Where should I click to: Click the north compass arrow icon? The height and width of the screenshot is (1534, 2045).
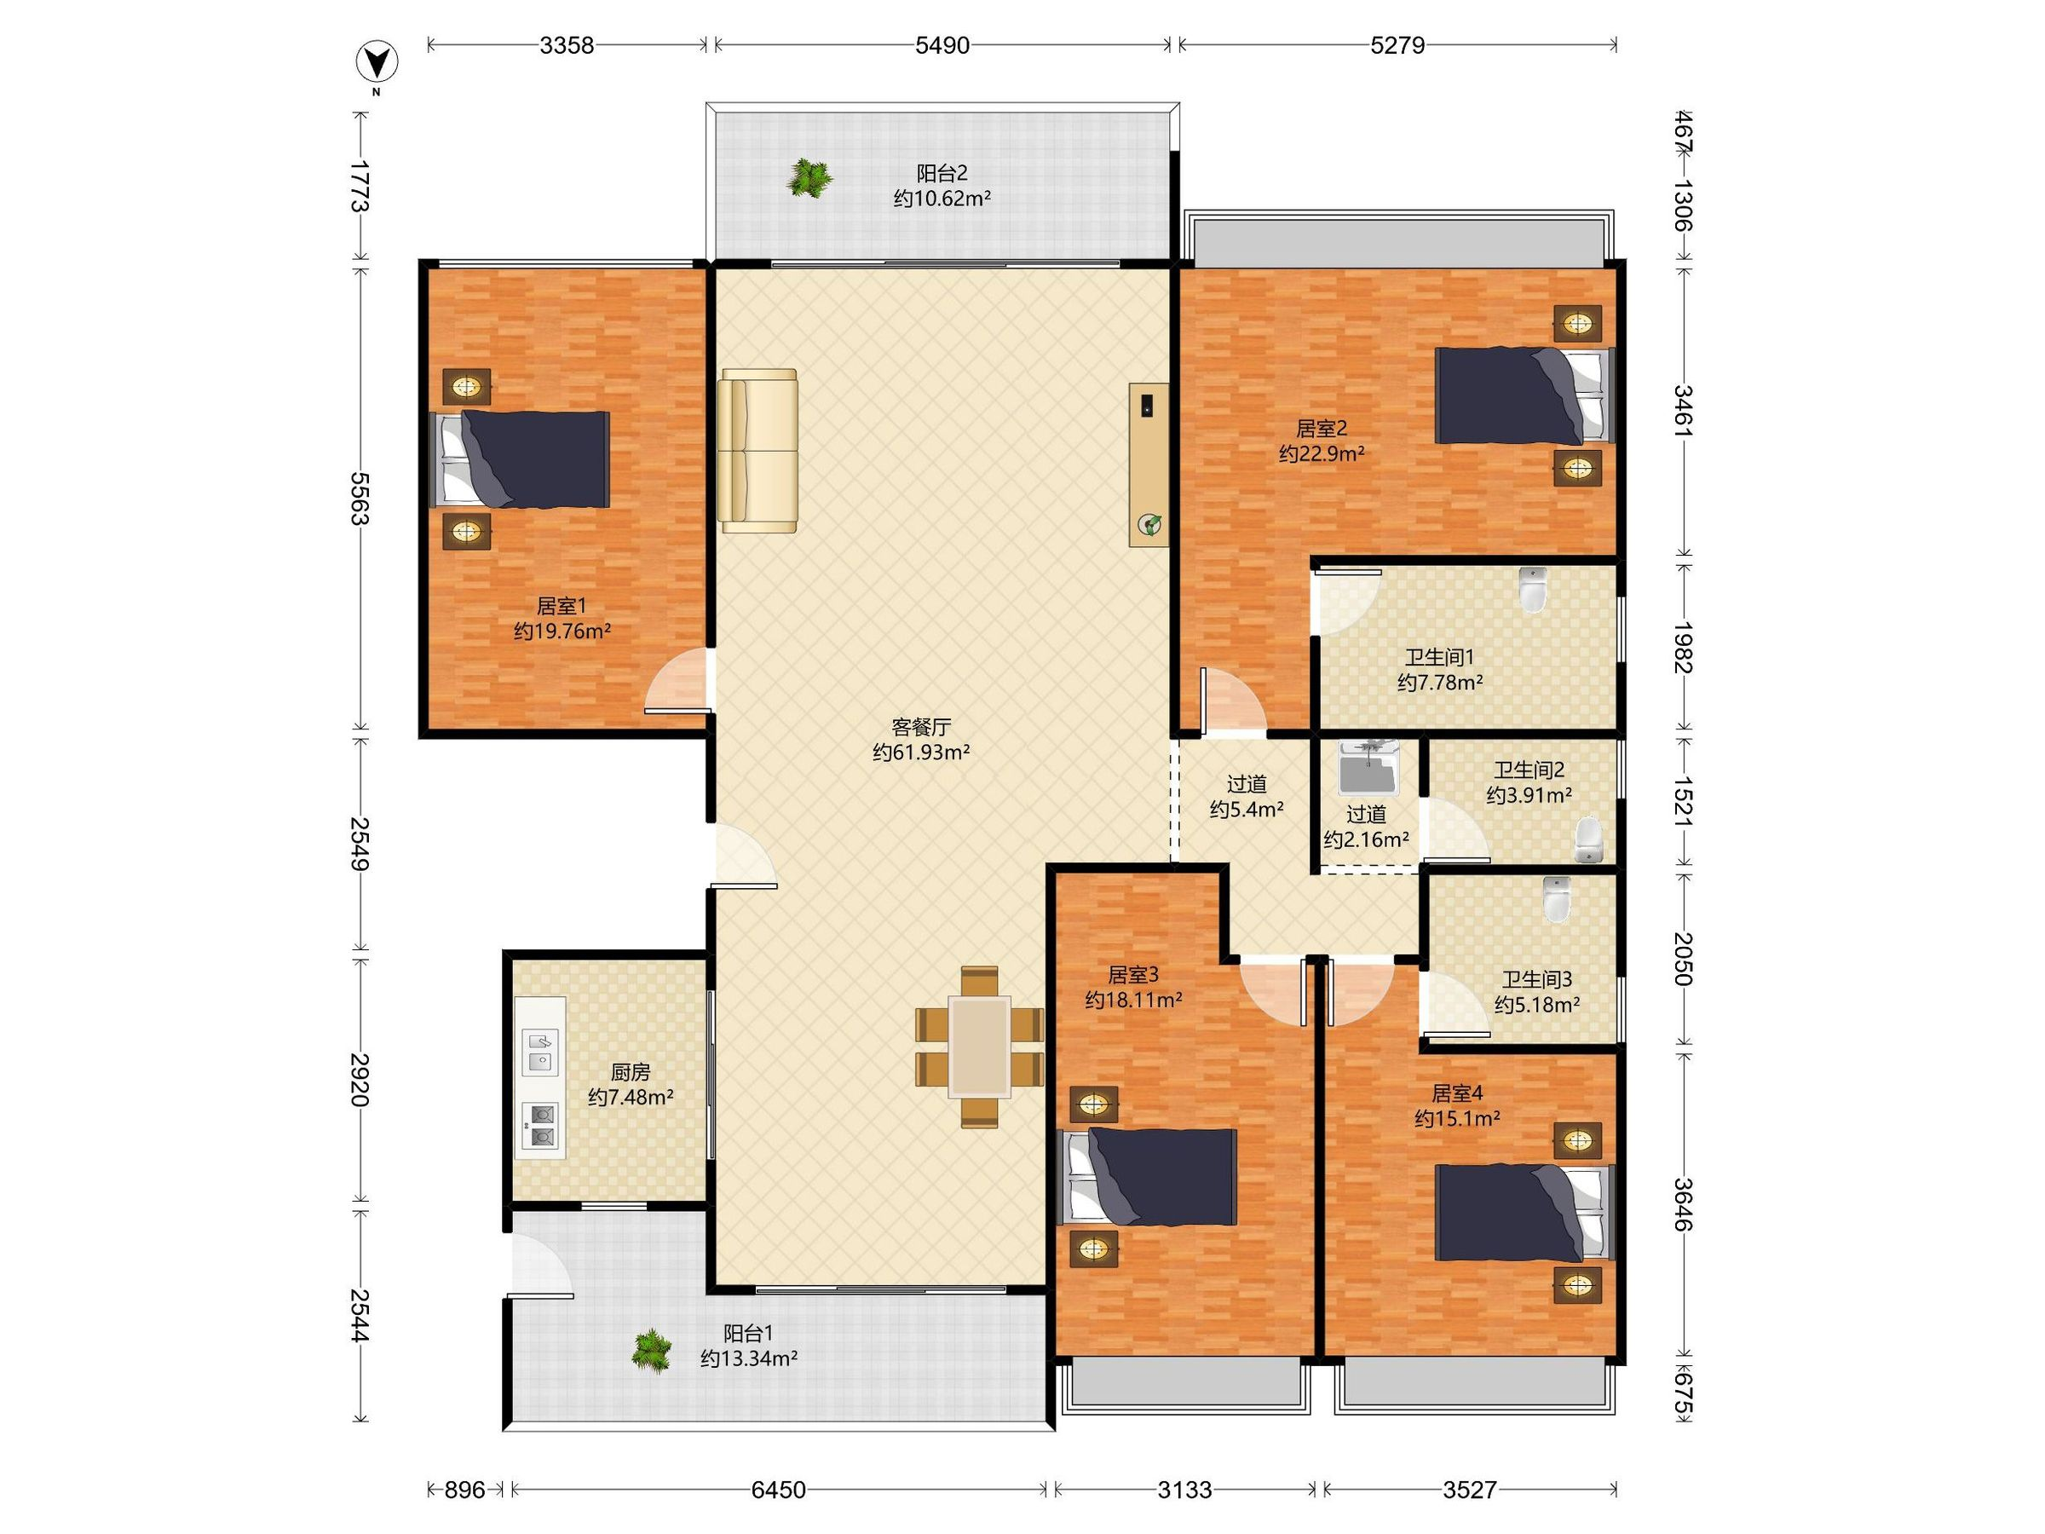pos(377,62)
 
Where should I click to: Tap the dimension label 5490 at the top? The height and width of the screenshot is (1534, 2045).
pos(942,45)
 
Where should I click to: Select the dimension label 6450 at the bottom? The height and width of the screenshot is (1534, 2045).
pos(779,1490)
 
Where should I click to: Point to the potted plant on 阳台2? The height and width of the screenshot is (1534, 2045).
pos(809,178)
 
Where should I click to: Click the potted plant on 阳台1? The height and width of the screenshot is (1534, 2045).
pos(652,1351)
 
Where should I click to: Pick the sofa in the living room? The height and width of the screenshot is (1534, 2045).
pos(758,451)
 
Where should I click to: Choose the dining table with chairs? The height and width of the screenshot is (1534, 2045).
pos(980,1047)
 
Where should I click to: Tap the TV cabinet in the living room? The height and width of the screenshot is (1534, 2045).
pos(1149,464)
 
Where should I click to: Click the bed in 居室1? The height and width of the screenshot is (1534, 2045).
pos(521,459)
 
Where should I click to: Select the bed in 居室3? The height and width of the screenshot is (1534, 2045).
pos(1147,1177)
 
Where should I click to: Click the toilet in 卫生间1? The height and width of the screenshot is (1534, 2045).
pos(1533,590)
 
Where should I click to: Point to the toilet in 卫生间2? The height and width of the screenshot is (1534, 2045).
pos(1588,839)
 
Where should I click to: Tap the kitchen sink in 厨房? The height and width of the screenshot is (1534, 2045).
pos(542,1052)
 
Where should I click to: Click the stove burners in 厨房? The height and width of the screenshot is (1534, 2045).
pos(542,1127)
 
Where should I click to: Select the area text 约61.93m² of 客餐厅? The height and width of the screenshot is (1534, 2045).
pos(921,753)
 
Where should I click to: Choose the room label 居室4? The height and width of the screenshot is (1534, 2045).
pos(1457,1093)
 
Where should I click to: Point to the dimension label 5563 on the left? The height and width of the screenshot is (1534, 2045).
pos(360,499)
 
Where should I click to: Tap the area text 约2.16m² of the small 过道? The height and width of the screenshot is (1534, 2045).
pos(1367,840)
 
